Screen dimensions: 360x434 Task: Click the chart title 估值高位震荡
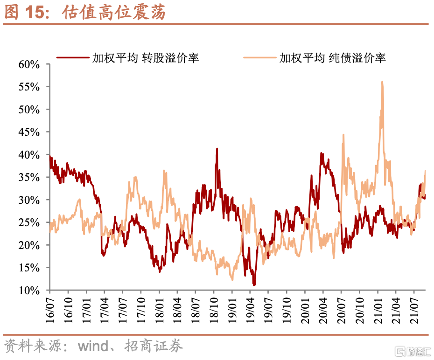114,13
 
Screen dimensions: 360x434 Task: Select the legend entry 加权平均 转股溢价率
145,58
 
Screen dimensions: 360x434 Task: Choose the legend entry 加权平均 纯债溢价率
332,58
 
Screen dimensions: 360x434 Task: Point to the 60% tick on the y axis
29,64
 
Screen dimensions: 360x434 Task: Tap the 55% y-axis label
29,87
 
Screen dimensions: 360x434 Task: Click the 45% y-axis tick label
29,132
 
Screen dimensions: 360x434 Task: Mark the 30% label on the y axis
29,200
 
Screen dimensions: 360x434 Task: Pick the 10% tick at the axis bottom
29,291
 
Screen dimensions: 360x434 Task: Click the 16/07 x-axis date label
50,309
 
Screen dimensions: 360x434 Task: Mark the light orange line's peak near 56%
382,82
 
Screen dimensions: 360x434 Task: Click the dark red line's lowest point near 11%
254,284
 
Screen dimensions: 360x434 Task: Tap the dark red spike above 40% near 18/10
217,149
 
